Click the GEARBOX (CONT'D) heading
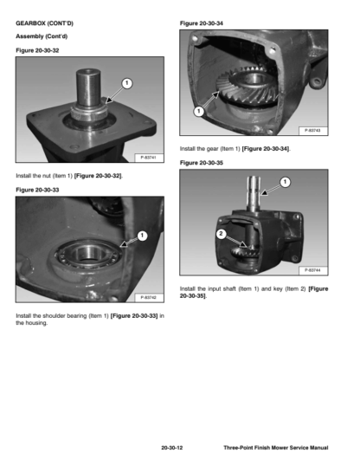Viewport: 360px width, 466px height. [44, 23]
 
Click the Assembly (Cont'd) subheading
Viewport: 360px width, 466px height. [42, 36]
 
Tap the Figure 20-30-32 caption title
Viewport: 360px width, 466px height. [37, 50]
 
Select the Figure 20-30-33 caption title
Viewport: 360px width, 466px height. [37, 190]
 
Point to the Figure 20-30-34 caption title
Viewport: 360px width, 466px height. [202, 23]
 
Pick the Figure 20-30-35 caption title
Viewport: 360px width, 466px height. [202, 163]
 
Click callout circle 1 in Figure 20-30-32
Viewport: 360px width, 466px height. [127, 83]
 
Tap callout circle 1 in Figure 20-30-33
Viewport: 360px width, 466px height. [142, 236]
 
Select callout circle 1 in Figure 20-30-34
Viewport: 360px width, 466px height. [199, 112]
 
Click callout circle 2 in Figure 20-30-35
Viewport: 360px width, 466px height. [221, 234]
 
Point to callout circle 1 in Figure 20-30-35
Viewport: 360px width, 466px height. [286, 182]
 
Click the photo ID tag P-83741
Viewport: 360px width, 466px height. [149, 158]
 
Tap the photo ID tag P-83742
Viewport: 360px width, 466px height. [149, 297]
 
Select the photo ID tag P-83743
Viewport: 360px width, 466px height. [312, 131]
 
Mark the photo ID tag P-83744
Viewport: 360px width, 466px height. [312, 270]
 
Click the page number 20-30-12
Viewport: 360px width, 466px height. [172, 448]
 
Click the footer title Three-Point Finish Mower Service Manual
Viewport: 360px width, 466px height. [276, 448]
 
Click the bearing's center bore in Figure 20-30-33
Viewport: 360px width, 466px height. [87, 254]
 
